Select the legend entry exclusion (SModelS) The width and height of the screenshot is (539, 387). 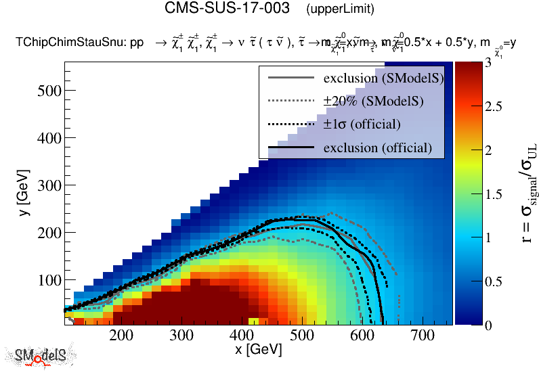coord(383,78)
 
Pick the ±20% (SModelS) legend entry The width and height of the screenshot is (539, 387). coord(373,101)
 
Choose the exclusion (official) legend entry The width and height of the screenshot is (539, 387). coord(377,147)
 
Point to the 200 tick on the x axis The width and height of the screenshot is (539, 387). coord(121,335)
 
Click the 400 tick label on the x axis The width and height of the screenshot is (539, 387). coord(241,335)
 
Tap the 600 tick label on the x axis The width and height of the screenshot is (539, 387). coord(362,335)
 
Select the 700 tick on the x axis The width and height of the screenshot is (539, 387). coord(423,335)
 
